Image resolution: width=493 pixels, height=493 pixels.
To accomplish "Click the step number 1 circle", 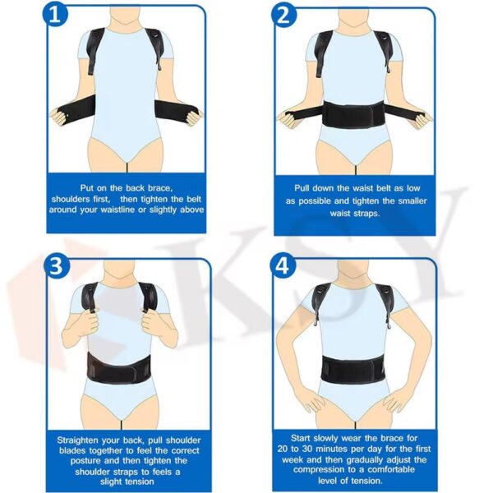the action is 55,14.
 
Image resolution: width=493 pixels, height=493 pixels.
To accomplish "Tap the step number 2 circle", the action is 284,15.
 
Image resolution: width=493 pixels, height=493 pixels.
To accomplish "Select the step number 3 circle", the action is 56,266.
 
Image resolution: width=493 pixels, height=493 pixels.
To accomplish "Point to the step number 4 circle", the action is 283,266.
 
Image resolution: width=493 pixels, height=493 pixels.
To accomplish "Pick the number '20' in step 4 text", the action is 283,449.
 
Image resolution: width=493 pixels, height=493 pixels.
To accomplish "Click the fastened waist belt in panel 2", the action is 354,115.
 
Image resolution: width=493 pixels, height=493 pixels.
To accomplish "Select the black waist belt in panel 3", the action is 119,368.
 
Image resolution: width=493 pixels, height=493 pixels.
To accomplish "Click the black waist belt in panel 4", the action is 352,369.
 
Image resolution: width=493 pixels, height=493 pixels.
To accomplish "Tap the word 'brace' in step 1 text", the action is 159,188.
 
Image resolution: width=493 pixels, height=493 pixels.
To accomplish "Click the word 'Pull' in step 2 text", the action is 302,188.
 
